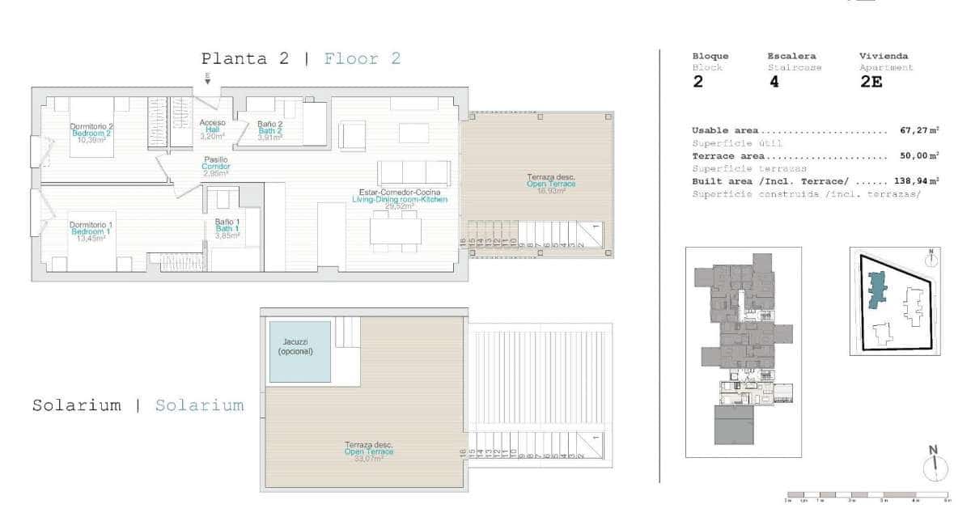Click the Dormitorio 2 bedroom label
pyautogui.click(x=91, y=133)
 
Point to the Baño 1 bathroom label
pyautogui.click(x=227, y=228)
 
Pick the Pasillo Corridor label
pyautogui.click(x=215, y=167)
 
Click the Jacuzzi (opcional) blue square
pyautogui.click(x=300, y=352)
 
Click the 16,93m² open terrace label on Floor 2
pyautogui.click(x=551, y=184)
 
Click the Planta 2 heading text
pyautogui.click(x=247, y=59)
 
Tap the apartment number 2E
pyautogui.click(x=871, y=82)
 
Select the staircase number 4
pyautogui.click(x=774, y=82)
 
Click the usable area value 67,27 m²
pyautogui.click(x=918, y=130)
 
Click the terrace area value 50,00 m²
pyautogui.click(x=918, y=156)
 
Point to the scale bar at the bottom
pyautogui.click(x=867, y=494)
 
